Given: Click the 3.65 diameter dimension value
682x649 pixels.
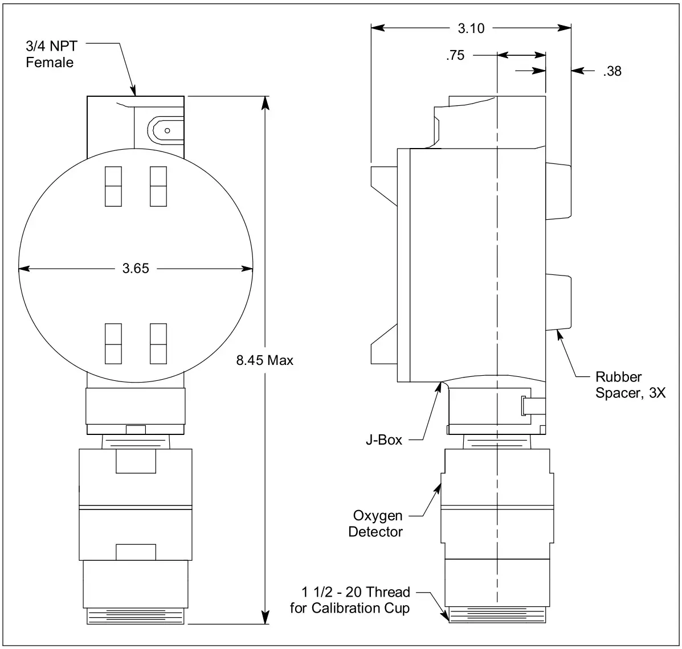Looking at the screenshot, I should coord(136,268).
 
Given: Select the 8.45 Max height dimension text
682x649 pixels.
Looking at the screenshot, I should coord(265,360).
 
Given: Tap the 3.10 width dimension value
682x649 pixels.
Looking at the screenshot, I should coord(471,28).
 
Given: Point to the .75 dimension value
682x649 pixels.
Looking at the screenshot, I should coord(455,55).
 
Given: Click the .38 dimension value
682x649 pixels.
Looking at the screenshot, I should coord(611,71).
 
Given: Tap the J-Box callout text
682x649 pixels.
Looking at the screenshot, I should coord(383,439).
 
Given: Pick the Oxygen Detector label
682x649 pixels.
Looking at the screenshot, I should coord(377,524).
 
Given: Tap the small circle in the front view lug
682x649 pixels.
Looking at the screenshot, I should coord(167,130).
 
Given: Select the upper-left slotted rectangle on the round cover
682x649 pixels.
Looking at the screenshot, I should coord(113,186).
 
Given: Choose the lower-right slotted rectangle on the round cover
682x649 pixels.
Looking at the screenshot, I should coord(158,343).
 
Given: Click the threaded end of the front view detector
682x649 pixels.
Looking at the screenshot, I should coord(136,617).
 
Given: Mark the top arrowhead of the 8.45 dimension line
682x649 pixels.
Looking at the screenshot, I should coord(264,101).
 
